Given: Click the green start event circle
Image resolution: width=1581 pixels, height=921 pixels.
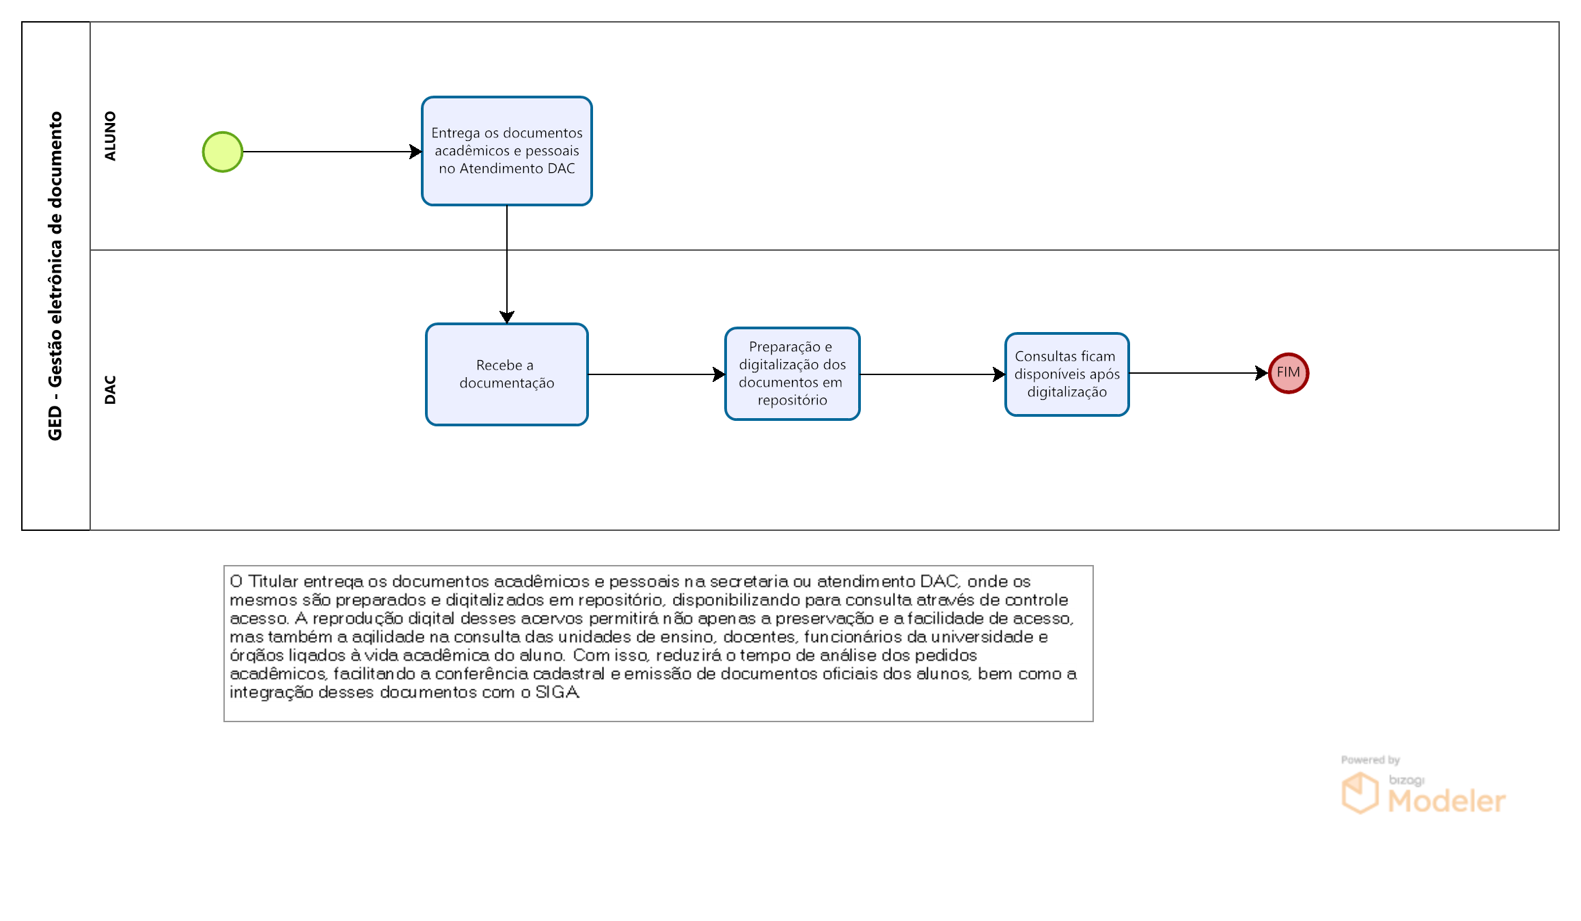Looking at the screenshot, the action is click(x=223, y=152).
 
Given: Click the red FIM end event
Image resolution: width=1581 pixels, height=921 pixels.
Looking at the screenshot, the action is click(x=1289, y=373).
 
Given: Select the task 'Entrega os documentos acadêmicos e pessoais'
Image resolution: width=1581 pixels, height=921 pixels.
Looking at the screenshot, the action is click(x=507, y=151).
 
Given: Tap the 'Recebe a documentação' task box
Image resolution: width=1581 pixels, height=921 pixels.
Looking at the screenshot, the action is click(x=507, y=374).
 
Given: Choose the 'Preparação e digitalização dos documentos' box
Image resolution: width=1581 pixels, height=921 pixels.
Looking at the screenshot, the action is click(x=793, y=374).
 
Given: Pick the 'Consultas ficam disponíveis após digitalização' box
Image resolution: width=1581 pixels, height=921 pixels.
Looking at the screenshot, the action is click(x=1067, y=374).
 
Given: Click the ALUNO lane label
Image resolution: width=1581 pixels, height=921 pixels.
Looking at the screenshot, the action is click(x=110, y=136).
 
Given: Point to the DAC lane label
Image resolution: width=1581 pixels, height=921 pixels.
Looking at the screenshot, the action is click(x=110, y=389).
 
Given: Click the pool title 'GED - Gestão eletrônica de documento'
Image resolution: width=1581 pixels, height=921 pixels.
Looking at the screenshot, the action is click(x=55, y=276).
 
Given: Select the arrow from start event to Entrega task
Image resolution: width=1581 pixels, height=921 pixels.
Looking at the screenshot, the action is click(x=333, y=152).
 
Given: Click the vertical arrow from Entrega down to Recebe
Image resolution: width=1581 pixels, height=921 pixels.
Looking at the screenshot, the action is click(x=507, y=264).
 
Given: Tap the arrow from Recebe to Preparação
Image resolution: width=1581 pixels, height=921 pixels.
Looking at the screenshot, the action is click(x=657, y=374).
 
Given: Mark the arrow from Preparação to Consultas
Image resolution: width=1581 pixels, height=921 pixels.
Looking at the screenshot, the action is click(x=933, y=374).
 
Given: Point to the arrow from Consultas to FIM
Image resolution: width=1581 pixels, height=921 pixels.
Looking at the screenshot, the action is click(x=1199, y=373).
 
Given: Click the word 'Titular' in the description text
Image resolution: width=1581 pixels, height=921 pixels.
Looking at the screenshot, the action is click(x=273, y=581).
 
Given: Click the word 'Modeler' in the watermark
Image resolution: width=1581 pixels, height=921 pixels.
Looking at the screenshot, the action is click(x=1446, y=801).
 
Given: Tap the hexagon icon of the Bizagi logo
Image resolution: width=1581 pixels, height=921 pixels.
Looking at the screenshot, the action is click(x=1360, y=793).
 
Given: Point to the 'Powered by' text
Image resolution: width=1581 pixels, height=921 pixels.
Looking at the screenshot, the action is click(x=1371, y=760).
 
